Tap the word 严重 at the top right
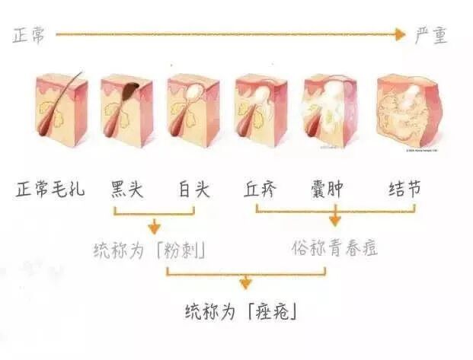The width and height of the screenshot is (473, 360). click(x=431, y=35)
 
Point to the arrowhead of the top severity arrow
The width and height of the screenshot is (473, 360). click(x=401, y=34)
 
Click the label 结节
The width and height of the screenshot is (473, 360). click(x=404, y=189)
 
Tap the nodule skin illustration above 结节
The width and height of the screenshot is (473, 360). click(x=411, y=110)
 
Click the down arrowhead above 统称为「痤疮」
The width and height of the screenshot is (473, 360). click(x=244, y=284)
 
